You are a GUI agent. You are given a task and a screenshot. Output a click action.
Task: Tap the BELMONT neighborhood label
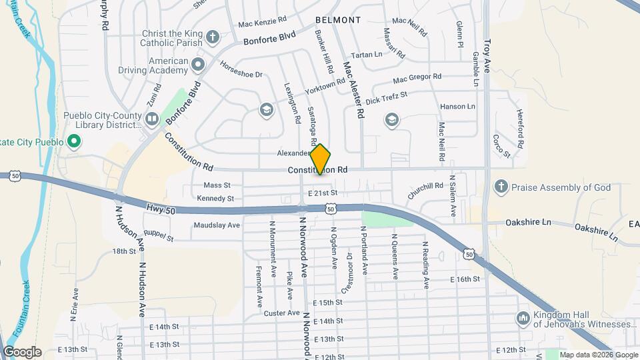(x=338, y=20)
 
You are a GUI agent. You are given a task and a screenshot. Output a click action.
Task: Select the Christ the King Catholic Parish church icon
(x=212, y=36)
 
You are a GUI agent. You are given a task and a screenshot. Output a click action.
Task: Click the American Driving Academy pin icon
(x=198, y=65)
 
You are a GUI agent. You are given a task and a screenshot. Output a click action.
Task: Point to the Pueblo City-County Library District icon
(x=152, y=119)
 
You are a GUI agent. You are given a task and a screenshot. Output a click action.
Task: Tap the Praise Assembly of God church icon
(x=501, y=187)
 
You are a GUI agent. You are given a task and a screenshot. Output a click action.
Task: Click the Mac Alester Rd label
(x=353, y=90)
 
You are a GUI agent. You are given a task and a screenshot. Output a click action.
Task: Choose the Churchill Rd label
(x=425, y=191)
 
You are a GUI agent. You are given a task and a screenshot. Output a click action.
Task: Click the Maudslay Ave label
(x=217, y=225)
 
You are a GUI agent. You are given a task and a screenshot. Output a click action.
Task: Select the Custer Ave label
(x=281, y=313)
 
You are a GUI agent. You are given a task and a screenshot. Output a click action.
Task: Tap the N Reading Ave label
(x=425, y=264)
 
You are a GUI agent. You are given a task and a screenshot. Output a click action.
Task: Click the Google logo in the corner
(x=22, y=352)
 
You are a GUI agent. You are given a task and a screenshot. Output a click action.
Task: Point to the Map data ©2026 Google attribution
(x=599, y=355)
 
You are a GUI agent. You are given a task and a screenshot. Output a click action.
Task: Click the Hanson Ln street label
(x=457, y=107)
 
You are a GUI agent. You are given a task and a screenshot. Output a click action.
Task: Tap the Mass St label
(x=217, y=185)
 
